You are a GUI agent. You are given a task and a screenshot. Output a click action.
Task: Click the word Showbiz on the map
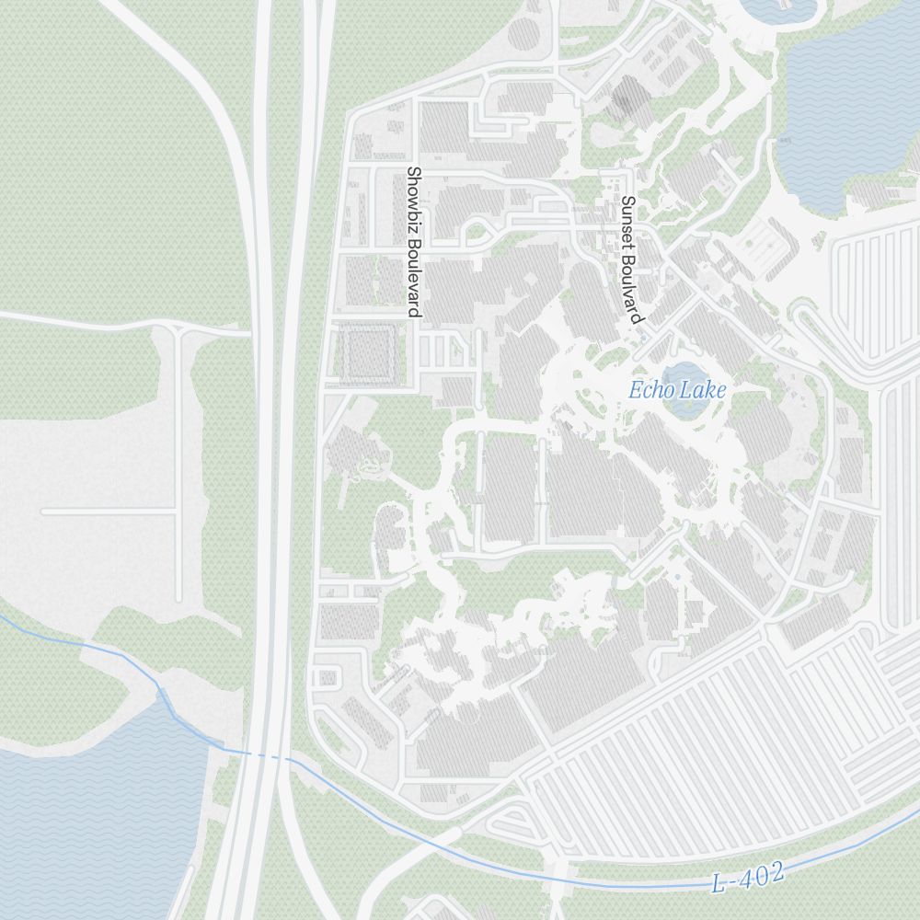click(413, 197)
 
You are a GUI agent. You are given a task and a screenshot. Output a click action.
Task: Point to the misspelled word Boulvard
click(630, 285)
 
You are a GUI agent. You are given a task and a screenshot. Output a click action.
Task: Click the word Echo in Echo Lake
click(648, 390)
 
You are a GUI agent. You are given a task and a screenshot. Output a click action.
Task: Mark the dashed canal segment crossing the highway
click(267, 756)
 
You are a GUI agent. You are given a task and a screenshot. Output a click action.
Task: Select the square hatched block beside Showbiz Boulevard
click(371, 353)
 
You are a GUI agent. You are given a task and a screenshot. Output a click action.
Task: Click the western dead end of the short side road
click(43, 511)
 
